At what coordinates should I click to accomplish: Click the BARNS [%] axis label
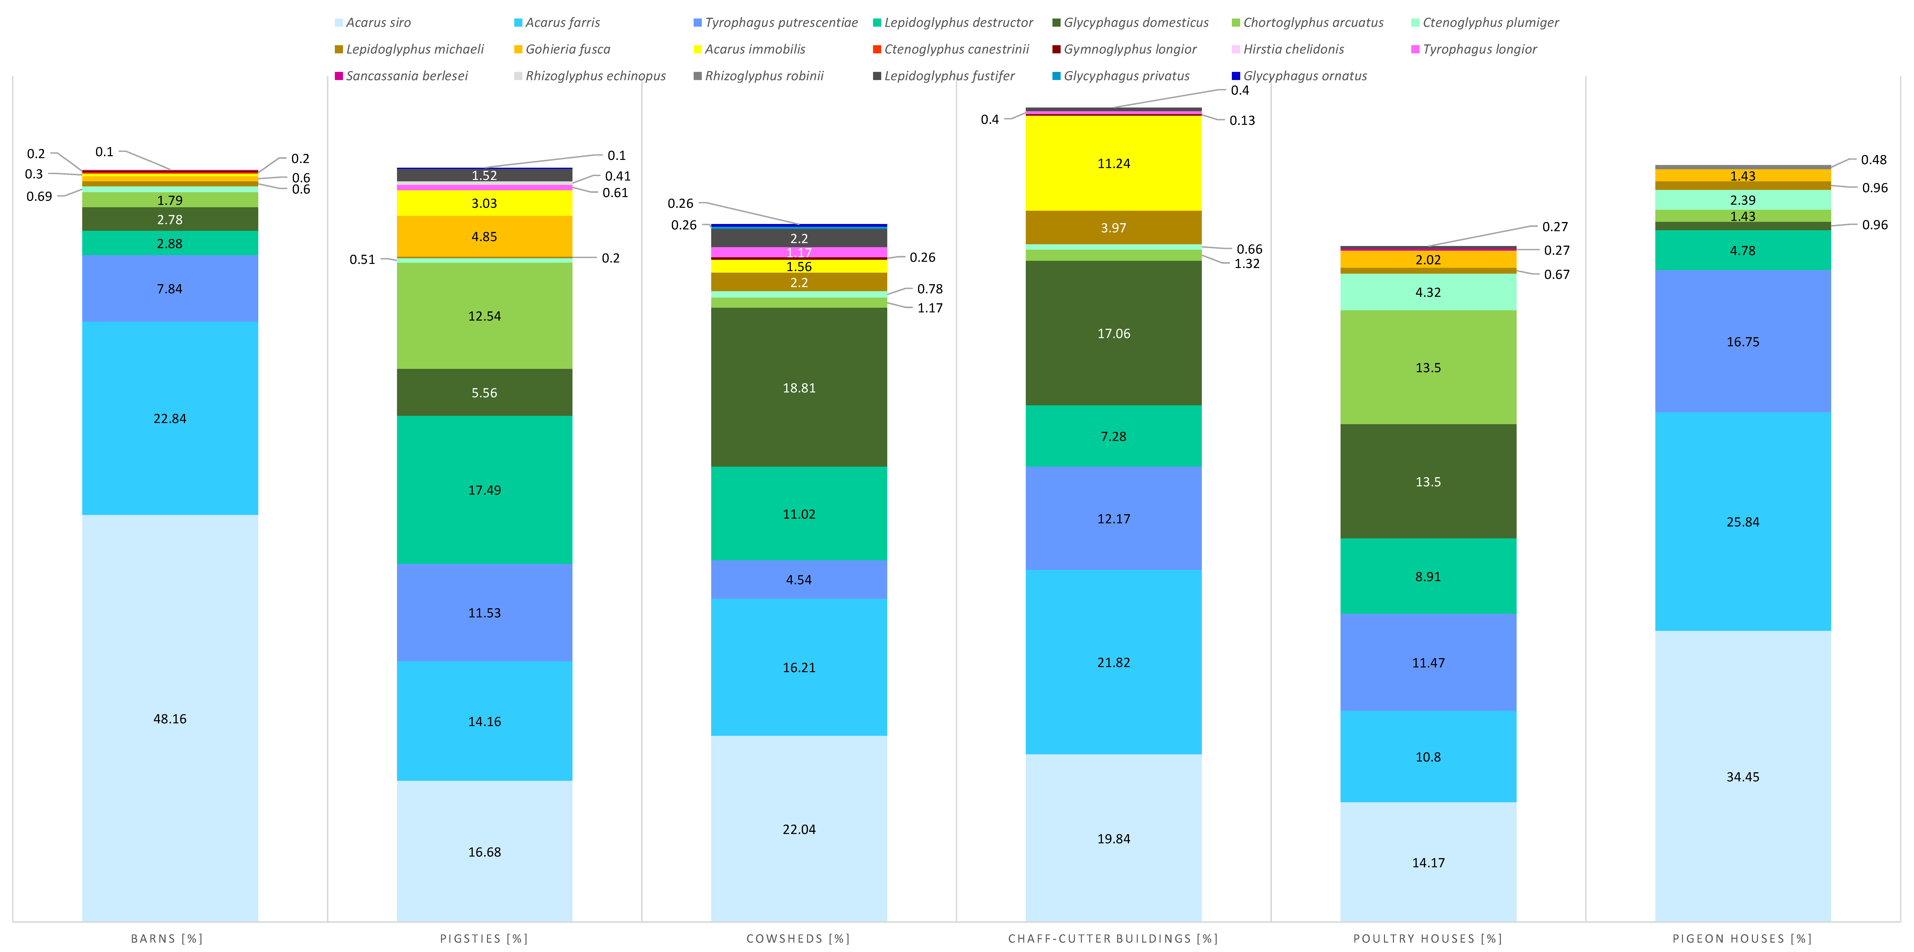(x=167, y=939)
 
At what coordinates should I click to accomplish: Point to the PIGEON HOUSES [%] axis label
(x=1742, y=939)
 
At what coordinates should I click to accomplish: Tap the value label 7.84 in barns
(x=170, y=289)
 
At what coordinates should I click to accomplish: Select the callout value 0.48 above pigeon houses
(x=1873, y=160)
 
